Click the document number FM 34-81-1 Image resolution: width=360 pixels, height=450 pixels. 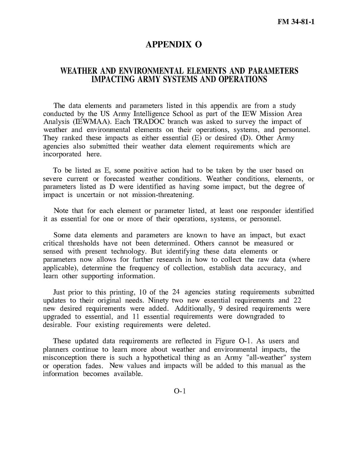coord(296,22)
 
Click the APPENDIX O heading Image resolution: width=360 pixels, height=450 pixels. coord(174,45)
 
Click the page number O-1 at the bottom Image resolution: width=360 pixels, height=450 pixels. coord(180,391)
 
